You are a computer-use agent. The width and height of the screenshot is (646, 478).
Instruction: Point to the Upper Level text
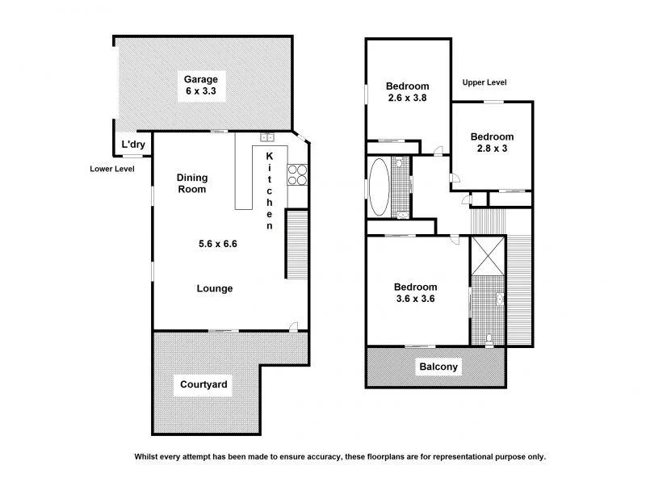[484, 82]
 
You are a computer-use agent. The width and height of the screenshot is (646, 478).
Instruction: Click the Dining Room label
[192, 183]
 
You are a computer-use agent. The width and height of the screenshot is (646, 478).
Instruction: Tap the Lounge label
[216, 288]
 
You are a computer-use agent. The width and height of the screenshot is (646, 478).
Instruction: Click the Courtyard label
[203, 385]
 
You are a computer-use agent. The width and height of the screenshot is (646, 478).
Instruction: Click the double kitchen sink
[268, 137]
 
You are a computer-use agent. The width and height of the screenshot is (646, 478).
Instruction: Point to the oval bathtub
[379, 187]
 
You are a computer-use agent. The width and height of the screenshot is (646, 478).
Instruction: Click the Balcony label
[438, 367]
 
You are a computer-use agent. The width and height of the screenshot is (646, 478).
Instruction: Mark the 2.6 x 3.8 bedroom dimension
[406, 99]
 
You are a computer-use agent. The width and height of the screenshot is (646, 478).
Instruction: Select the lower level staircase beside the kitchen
[297, 242]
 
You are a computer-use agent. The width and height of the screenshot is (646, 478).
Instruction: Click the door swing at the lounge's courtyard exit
[295, 326]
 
